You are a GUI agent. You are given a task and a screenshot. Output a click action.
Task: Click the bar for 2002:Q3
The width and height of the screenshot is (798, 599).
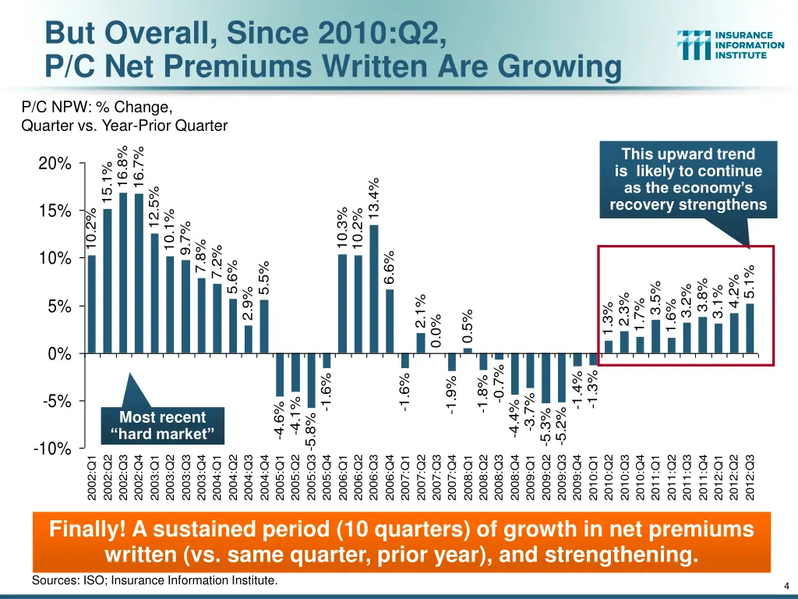pos(123,273)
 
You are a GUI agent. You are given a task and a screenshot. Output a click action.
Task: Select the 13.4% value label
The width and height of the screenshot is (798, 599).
pos(375,198)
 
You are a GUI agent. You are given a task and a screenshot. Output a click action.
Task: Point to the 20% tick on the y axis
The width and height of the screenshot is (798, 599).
pos(55,165)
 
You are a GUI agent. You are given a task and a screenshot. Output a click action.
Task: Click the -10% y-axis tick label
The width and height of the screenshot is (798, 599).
pos(52,449)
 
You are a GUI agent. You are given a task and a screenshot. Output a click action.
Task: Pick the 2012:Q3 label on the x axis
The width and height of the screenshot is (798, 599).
pos(750,477)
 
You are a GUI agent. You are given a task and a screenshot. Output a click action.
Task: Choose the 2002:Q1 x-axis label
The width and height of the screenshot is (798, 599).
pos(92,477)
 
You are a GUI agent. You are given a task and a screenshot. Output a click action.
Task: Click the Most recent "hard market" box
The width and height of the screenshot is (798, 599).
pos(163,426)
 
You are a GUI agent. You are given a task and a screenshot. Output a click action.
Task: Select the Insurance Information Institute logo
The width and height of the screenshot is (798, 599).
pos(731,45)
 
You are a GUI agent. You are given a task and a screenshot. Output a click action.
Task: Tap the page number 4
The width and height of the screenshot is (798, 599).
pos(788,587)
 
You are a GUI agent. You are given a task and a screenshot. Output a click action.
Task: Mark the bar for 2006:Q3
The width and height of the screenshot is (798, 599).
pos(374,289)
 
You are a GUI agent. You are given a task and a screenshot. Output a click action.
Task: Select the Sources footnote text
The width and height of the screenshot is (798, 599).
pos(154,581)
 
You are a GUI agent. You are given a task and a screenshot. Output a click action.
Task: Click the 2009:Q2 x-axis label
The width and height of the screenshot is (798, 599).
pos(546,477)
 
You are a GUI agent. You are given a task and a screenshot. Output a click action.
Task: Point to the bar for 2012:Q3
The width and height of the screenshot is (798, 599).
pos(750,328)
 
